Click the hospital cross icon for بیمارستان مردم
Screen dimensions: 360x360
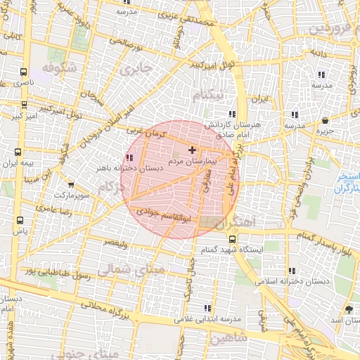192,150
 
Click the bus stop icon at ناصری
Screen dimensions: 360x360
25,72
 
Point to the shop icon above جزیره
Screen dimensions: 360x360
324,120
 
